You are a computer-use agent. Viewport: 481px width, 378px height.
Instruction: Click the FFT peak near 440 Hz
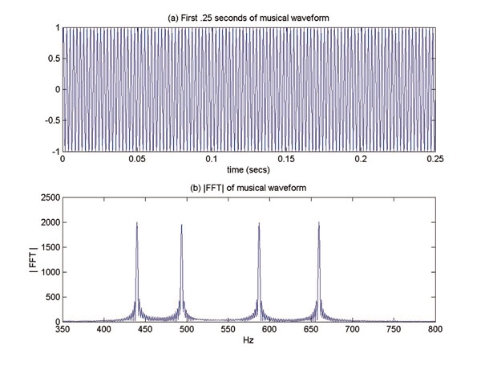(x=137, y=224)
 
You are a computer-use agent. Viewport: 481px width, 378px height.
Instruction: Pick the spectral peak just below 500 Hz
(x=181, y=226)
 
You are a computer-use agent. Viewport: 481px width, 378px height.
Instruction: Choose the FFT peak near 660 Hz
(x=319, y=224)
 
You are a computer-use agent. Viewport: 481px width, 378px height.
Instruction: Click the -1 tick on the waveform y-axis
(x=55, y=151)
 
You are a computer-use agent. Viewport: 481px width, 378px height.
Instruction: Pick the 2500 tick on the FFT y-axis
(x=48, y=197)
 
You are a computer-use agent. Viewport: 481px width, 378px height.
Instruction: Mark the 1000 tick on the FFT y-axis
(x=48, y=272)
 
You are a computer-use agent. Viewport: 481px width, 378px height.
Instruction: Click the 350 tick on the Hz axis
(x=63, y=329)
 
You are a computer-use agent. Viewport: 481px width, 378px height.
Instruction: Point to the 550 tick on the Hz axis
(x=228, y=329)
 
